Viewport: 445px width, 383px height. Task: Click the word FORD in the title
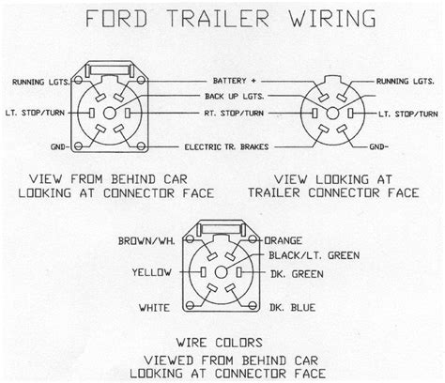[116, 19]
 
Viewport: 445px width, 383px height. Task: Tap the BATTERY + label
[235, 81]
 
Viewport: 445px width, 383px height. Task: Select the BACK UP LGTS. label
[235, 97]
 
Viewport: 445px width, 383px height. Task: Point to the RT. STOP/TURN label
[234, 113]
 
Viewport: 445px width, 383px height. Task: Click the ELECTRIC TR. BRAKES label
[226, 146]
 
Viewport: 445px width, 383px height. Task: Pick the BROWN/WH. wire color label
[146, 241]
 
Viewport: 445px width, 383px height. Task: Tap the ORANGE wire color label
[284, 240]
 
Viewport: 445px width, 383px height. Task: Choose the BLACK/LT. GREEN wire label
[315, 255]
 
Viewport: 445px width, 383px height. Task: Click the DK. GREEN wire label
[297, 274]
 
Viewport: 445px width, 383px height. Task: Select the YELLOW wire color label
[151, 272]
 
